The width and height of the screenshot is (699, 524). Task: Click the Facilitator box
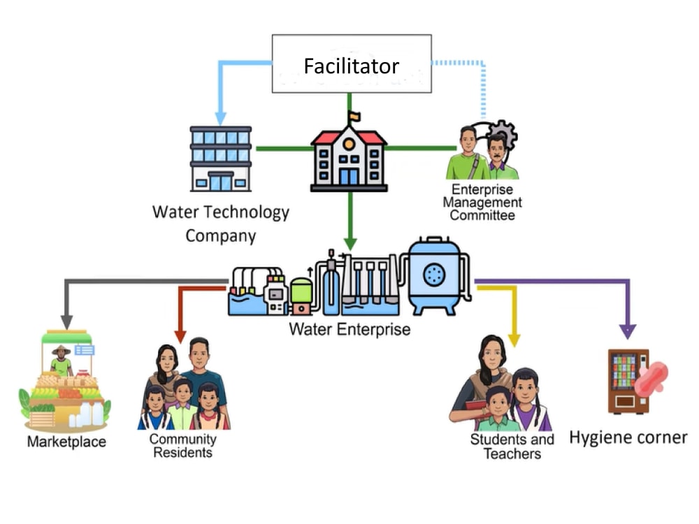(352, 64)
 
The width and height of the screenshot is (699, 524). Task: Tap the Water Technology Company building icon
(221, 159)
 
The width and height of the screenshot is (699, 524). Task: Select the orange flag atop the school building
(354, 116)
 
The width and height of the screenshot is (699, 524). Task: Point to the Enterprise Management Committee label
(482, 203)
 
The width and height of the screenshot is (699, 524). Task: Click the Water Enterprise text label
(349, 329)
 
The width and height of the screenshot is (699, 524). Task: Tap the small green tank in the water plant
(301, 296)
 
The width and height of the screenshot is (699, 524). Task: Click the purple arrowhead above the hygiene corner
(628, 331)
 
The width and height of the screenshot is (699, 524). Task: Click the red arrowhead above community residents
(180, 337)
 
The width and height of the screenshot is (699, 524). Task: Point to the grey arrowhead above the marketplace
(67, 322)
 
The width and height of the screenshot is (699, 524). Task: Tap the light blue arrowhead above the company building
(221, 119)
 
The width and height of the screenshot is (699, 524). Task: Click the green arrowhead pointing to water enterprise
(350, 244)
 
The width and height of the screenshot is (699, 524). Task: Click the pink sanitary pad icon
(651, 379)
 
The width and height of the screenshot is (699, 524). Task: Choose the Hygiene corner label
(628, 437)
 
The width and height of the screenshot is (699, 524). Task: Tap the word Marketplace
(67, 442)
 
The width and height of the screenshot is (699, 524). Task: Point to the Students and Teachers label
(512, 446)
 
